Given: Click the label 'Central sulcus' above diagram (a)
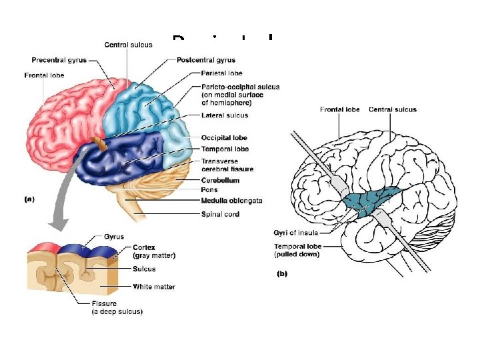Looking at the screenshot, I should (128, 45).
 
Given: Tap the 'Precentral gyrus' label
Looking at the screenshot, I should (59, 60).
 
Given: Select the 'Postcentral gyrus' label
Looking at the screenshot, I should (206, 60).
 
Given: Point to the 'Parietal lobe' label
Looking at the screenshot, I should (221, 73).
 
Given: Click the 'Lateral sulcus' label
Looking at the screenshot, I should (224, 115).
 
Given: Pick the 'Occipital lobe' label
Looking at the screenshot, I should (225, 138).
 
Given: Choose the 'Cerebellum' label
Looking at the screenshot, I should (220, 180).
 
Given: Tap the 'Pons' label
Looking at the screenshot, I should (209, 190).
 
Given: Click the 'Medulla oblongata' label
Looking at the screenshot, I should (231, 201).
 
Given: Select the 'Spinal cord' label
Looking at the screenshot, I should (221, 214).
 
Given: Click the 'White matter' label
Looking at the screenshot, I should (154, 287).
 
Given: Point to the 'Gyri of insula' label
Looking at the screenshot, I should (296, 233).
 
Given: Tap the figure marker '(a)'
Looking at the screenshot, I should (29, 199).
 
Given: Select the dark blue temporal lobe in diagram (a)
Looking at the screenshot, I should (120, 157).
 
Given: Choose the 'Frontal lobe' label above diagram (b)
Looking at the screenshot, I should (339, 109).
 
